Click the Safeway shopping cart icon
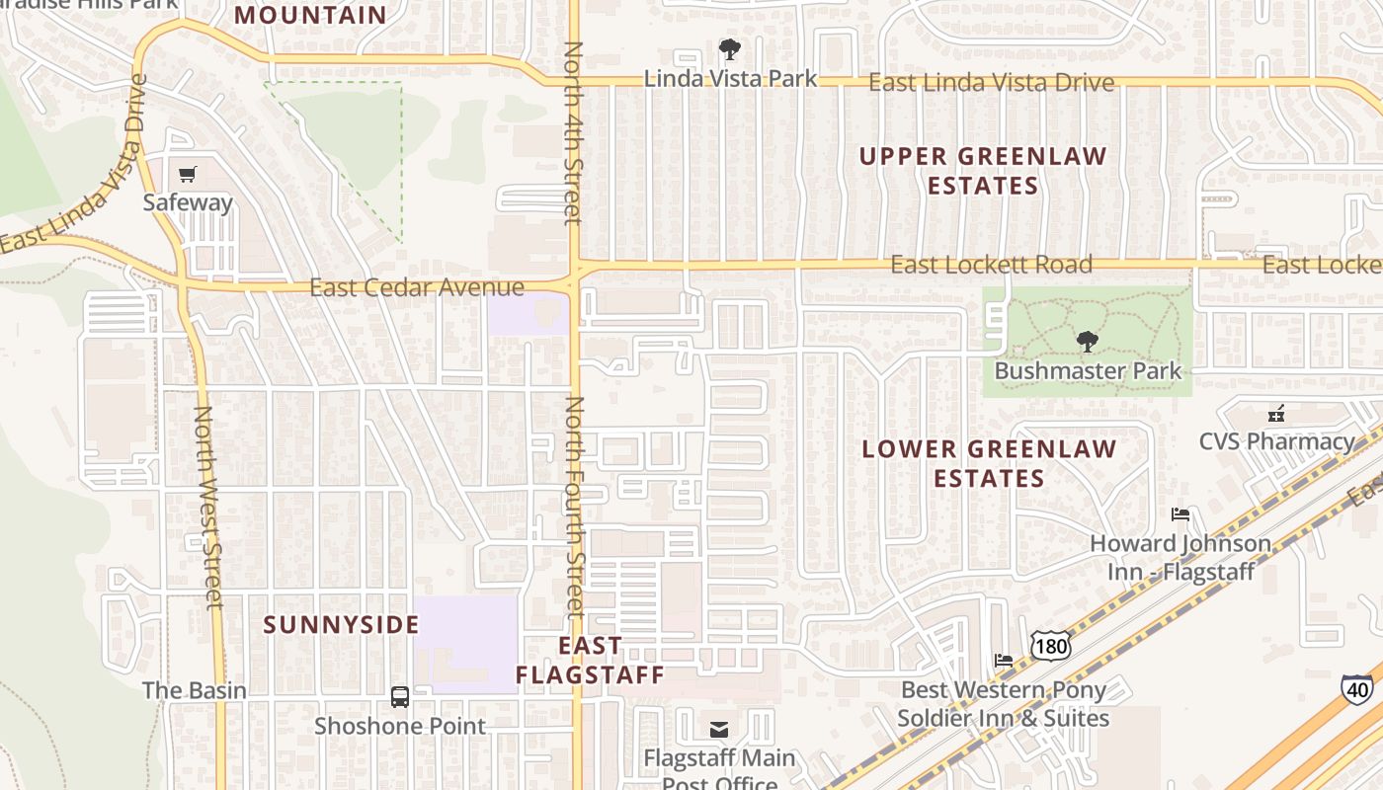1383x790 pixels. (188, 175)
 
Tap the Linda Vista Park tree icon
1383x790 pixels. (730, 49)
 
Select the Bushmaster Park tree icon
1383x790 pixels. (1087, 343)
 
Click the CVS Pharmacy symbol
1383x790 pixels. (1276, 413)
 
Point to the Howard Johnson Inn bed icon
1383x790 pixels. (1180, 514)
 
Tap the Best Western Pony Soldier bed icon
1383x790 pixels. (1004, 661)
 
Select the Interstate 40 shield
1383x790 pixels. (1356, 688)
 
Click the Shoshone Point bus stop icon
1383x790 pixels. (400, 697)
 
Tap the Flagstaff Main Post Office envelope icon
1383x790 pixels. (719, 730)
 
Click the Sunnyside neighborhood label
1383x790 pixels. (342, 625)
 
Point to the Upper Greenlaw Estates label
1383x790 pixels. (983, 171)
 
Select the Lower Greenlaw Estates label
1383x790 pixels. (989, 463)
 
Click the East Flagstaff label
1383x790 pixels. (590, 660)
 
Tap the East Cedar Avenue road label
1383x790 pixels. (417, 287)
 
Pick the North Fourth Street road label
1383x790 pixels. (575, 507)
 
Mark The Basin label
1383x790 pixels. (195, 690)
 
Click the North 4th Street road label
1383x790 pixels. (573, 132)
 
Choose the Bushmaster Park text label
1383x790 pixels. (1088, 371)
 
